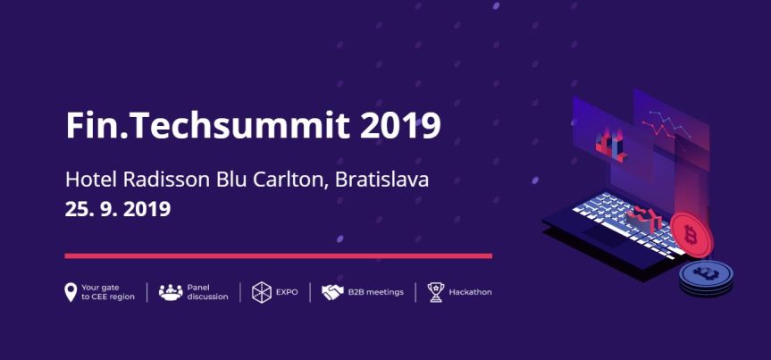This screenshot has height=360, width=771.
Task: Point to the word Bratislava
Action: [383, 179]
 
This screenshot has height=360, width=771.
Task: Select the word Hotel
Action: [91, 179]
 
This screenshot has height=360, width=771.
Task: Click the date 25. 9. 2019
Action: [117, 210]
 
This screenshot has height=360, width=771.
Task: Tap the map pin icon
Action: [71, 292]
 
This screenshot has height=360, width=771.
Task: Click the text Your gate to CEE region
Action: [107, 292]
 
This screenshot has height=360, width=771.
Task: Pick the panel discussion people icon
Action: [170, 292]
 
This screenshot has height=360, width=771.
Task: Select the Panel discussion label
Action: [207, 292]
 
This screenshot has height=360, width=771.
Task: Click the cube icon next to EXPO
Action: [261, 292]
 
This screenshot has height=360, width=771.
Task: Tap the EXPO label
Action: [287, 292]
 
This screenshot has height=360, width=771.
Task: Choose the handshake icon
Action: [332, 292]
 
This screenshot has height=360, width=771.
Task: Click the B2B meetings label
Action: [376, 292]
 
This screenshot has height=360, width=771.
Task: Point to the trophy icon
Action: [435, 292]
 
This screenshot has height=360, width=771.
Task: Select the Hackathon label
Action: [470, 292]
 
